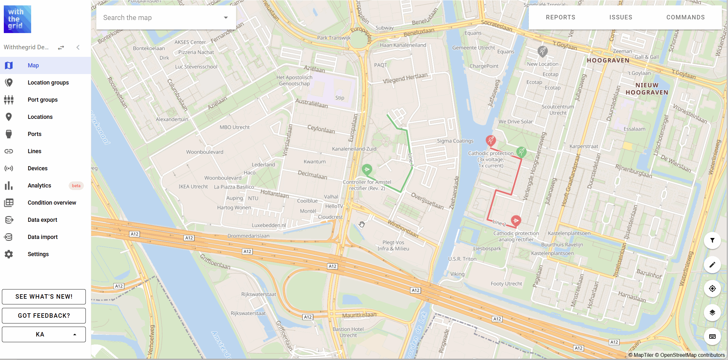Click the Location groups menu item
48,83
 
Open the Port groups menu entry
43,100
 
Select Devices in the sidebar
37,168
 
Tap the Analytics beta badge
76,186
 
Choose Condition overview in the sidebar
52,203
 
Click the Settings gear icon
9,254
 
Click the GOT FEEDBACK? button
44,316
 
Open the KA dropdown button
44,334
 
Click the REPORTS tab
561,17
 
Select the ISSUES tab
621,17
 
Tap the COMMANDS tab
685,17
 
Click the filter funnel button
712,241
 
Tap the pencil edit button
712,265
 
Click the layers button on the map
712,313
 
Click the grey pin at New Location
542,51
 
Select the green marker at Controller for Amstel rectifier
367,169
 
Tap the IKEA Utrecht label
193,187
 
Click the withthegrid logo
17,19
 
